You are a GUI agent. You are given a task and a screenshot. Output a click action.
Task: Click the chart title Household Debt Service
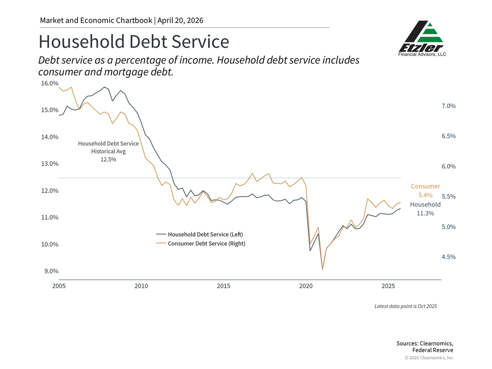(x=134, y=42)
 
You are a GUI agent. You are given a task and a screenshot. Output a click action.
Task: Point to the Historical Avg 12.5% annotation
(x=108, y=152)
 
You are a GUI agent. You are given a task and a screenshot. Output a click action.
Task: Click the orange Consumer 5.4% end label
(x=426, y=191)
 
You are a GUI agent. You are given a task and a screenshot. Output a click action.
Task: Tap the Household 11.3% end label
(x=426, y=209)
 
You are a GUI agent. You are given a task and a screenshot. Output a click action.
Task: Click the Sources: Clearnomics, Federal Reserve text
(x=425, y=346)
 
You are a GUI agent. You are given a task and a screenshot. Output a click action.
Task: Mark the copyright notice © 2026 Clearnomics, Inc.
(x=429, y=358)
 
